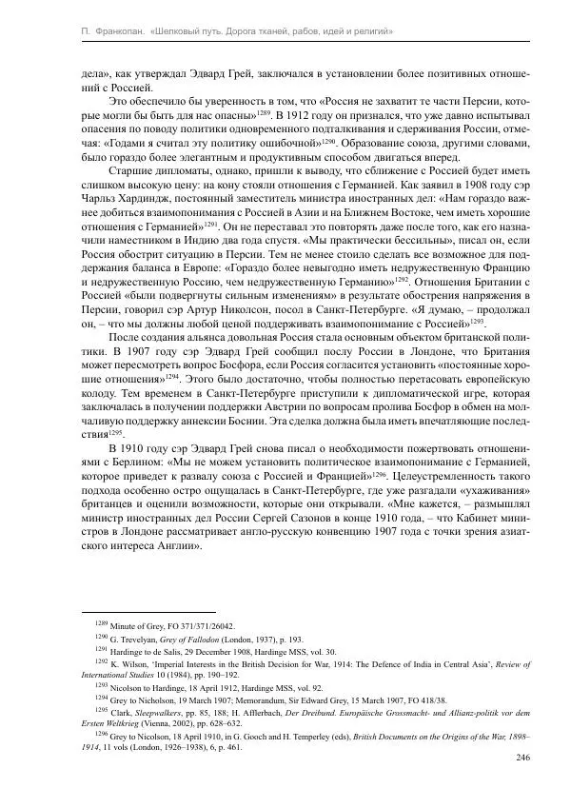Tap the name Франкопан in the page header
pyautogui.click(x=108, y=32)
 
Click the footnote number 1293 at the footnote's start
pyautogui.click(x=101, y=683)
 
